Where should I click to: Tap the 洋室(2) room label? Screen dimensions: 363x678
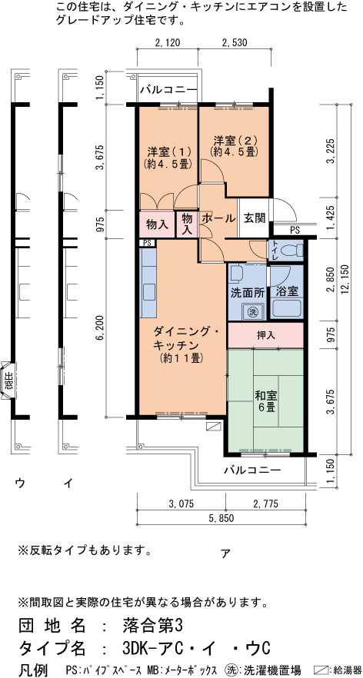tap(235, 146)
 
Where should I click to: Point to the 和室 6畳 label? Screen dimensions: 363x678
tap(266, 401)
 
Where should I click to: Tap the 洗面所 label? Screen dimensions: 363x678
tap(248, 293)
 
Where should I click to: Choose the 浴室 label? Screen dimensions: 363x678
tap(286, 291)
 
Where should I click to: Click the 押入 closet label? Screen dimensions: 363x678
tap(266, 334)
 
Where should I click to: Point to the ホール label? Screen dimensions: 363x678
tap(218, 218)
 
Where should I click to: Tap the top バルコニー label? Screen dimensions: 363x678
tap(168, 91)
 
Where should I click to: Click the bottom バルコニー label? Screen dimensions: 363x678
tap(253, 470)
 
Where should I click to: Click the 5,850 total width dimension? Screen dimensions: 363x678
tap(221, 519)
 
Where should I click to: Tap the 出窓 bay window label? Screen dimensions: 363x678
tap(8, 381)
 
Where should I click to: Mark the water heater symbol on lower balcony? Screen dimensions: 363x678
tap(213, 426)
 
